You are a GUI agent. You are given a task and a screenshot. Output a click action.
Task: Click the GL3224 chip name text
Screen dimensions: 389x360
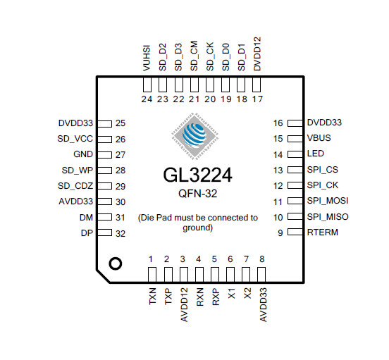pyautogui.click(x=197, y=175)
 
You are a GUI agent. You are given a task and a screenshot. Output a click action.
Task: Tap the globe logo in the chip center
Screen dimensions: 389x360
pyautogui.click(x=195, y=136)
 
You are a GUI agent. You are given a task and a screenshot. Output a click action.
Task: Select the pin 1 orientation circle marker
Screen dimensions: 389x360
pyautogui.click(x=116, y=263)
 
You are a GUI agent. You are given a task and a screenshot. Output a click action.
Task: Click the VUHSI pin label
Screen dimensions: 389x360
pyautogui.click(x=147, y=58)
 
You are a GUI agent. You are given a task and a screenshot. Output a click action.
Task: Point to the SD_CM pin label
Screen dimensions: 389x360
pyautogui.click(x=194, y=56)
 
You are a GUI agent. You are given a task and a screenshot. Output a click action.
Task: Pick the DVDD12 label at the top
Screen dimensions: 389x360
pyautogui.click(x=257, y=54)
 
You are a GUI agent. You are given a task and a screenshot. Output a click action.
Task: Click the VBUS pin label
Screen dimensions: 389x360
pyautogui.click(x=319, y=138)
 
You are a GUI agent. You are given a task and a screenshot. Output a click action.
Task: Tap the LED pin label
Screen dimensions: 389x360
pyautogui.click(x=315, y=154)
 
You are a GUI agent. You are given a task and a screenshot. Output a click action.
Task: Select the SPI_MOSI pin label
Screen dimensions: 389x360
pyautogui.click(x=328, y=201)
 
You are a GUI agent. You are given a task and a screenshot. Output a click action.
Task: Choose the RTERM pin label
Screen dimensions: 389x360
pyautogui.click(x=323, y=232)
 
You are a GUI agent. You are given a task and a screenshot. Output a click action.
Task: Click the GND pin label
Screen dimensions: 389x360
pyautogui.click(x=83, y=154)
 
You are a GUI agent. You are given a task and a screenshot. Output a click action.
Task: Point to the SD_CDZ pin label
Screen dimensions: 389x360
pyautogui.click(x=75, y=186)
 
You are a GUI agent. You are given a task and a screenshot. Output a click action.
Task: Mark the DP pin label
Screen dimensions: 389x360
pyautogui.click(x=87, y=233)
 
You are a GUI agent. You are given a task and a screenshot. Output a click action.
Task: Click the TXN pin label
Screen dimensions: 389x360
pyautogui.click(x=152, y=296)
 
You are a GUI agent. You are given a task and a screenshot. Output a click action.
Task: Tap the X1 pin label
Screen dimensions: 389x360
pyautogui.click(x=231, y=293)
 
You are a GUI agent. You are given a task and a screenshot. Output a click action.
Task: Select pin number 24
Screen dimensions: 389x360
pyautogui.click(x=147, y=99)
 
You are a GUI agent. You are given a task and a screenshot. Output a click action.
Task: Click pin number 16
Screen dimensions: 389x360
pyautogui.click(x=278, y=123)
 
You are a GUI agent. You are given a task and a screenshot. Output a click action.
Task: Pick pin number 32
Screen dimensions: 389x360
pyautogui.click(x=121, y=234)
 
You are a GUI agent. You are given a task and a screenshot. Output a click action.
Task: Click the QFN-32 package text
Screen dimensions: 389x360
pyautogui.click(x=198, y=194)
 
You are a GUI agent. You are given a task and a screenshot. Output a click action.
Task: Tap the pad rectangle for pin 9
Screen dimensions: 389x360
pyautogui.click(x=295, y=232)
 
